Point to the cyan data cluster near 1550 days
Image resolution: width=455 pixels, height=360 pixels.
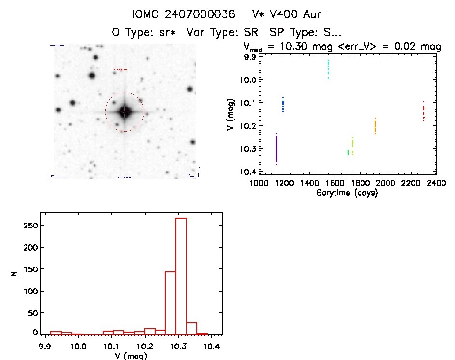(x=328, y=69)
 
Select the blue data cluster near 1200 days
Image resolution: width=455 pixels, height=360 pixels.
(x=283, y=105)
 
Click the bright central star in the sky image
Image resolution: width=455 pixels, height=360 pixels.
(x=124, y=112)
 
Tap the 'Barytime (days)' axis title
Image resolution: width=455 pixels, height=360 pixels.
(x=347, y=193)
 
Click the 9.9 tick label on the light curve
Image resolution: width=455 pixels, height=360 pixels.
(x=250, y=57)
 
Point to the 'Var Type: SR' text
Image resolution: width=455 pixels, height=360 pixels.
(x=223, y=33)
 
